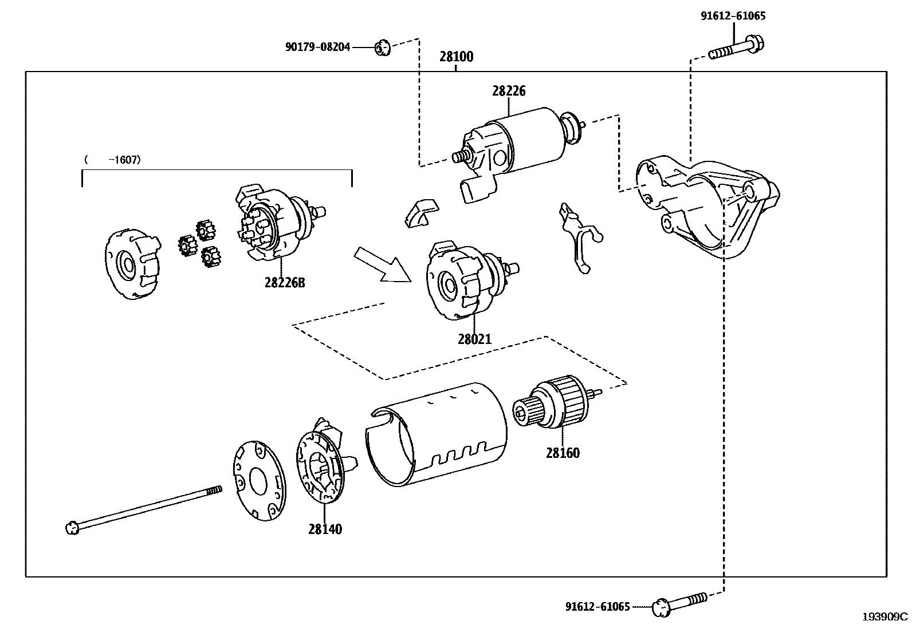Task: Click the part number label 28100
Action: (x=456, y=57)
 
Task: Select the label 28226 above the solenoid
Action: (x=508, y=91)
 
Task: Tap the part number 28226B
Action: (x=285, y=282)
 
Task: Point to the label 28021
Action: (x=474, y=339)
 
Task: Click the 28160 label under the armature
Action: (x=563, y=453)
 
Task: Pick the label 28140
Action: (x=325, y=529)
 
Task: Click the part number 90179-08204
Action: (x=317, y=48)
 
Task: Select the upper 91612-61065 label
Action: (x=733, y=16)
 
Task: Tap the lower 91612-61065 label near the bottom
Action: (x=597, y=607)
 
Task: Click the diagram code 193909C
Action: (x=885, y=616)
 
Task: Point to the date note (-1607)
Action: (x=112, y=160)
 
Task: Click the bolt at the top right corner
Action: (x=737, y=49)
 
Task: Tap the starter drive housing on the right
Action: (x=707, y=206)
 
